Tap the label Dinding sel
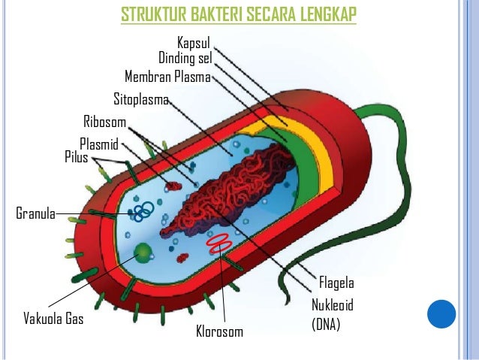(185, 59)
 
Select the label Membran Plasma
(168, 77)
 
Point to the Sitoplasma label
(141, 99)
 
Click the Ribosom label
(104, 123)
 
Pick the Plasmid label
(99, 144)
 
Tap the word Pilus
(76, 157)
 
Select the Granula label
(35, 213)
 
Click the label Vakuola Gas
(53, 319)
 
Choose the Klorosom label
(219, 331)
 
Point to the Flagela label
(336, 283)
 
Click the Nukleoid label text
(332, 306)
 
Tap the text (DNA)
(326, 325)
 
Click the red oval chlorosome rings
(219, 242)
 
